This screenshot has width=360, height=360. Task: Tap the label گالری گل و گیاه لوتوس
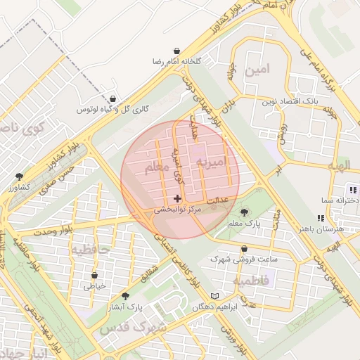coord(105,110)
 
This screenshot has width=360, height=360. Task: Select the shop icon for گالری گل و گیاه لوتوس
coord(114,99)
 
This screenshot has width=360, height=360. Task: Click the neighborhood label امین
coord(258,71)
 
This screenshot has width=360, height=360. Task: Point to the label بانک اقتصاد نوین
coord(291,102)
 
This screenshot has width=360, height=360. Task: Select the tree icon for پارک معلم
coord(244,212)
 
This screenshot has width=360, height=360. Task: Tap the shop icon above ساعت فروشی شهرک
coord(243,248)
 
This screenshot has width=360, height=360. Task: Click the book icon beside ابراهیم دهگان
coord(215,296)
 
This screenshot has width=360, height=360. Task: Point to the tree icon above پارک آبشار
coord(126,296)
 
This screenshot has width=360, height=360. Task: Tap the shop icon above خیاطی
coord(94,275)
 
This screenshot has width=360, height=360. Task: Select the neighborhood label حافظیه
coord(89,249)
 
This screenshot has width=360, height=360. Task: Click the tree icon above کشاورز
coord(18,176)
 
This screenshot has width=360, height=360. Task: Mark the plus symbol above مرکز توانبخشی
coord(177,199)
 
